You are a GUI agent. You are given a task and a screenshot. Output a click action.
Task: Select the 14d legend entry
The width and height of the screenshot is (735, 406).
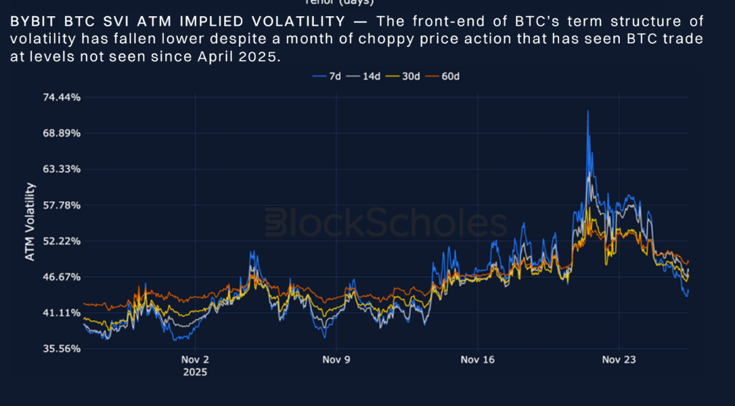pyautogui.click(x=365, y=77)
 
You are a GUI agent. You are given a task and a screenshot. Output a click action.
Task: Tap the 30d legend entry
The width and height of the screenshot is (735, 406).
pyautogui.click(x=405, y=77)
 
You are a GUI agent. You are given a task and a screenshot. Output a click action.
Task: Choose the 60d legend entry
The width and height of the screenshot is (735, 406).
pyautogui.click(x=444, y=77)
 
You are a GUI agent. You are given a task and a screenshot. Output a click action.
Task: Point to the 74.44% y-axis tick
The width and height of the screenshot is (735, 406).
pyautogui.click(x=62, y=98)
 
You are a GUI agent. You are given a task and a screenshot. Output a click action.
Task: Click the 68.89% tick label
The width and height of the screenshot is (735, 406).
pyautogui.click(x=62, y=134)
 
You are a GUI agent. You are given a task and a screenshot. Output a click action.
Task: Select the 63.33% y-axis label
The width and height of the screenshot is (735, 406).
pyautogui.click(x=62, y=169)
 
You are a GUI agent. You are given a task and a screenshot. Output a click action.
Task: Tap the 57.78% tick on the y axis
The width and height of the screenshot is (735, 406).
pyautogui.click(x=62, y=205)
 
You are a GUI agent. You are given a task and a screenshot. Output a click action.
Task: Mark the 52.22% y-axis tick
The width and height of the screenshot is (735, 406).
pyautogui.click(x=62, y=241)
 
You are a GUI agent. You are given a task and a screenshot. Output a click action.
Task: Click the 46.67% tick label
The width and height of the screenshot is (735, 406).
pyautogui.click(x=62, y=277)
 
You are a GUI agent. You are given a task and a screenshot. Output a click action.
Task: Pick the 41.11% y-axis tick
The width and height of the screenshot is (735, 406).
pyautogui.click(x=62, y=313)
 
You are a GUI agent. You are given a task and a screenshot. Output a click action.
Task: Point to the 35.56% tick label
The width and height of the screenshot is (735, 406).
pyautogui.click(x=62, y=349)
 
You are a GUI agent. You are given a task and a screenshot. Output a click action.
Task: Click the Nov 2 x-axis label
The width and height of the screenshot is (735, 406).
pyautogui.click(x=196, y=360)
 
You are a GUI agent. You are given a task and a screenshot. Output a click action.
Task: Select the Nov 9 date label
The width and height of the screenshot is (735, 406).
pyautogui.click(x=337, y=360)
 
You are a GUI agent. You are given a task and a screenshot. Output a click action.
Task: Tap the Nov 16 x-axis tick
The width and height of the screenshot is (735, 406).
pyautogui.click(x=478, y=360)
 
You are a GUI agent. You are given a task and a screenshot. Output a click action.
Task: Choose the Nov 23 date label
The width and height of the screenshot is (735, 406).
pyautogui.click(x=619, y=360)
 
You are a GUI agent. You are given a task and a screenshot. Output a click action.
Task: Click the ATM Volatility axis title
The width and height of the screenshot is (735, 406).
pyautogui.click(x=30, y=222)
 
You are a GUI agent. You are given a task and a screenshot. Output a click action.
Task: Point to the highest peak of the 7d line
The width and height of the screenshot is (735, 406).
pyautogui.click(x=587, y=111)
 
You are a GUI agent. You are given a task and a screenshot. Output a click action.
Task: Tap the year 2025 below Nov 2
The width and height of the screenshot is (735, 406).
pyautogui.click(x=196, y=372)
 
